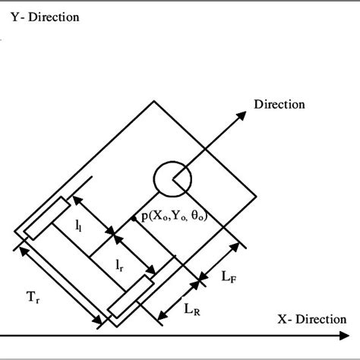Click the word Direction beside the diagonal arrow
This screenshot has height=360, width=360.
(279, 104)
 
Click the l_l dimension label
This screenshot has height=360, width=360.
(80, 226)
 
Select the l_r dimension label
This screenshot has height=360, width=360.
(120, 265)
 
